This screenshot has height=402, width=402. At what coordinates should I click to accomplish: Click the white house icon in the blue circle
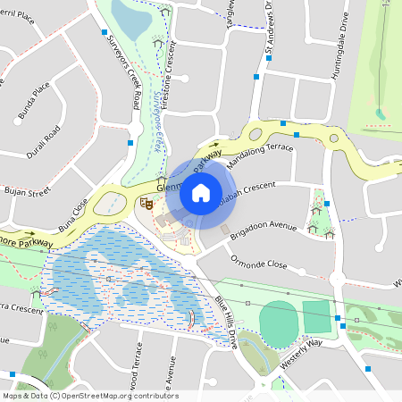(200, 192)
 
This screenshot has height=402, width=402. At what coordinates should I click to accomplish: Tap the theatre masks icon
(149, 204)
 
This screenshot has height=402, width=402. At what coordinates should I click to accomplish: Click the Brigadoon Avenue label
(263, 227)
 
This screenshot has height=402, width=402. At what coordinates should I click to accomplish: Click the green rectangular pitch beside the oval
(316, 315)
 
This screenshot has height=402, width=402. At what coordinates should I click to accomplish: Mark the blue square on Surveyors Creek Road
(130, 142)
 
